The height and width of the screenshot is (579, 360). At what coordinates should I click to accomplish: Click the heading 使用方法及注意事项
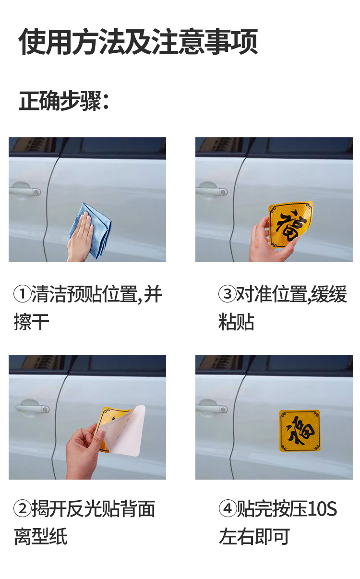coord(138,42)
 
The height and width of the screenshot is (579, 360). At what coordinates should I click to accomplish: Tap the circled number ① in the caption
coord(22,294)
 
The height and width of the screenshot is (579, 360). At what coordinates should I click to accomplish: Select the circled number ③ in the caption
coord(228,294)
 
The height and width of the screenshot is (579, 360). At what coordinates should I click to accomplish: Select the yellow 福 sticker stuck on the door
coord(300,431)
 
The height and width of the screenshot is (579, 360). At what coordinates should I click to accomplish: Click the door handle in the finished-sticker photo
coord(212,409)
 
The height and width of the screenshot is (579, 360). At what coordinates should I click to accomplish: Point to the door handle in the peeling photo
coord(33,409)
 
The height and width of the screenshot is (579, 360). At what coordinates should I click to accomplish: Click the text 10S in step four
coord(322,509)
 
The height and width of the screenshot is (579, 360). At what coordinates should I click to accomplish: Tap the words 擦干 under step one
coord(31,322)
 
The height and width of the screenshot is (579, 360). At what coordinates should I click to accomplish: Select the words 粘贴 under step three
coord(236,322)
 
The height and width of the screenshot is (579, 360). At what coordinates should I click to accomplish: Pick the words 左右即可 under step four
coord(254,537)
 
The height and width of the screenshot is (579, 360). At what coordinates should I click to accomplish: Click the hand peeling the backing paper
coord(83,452)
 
